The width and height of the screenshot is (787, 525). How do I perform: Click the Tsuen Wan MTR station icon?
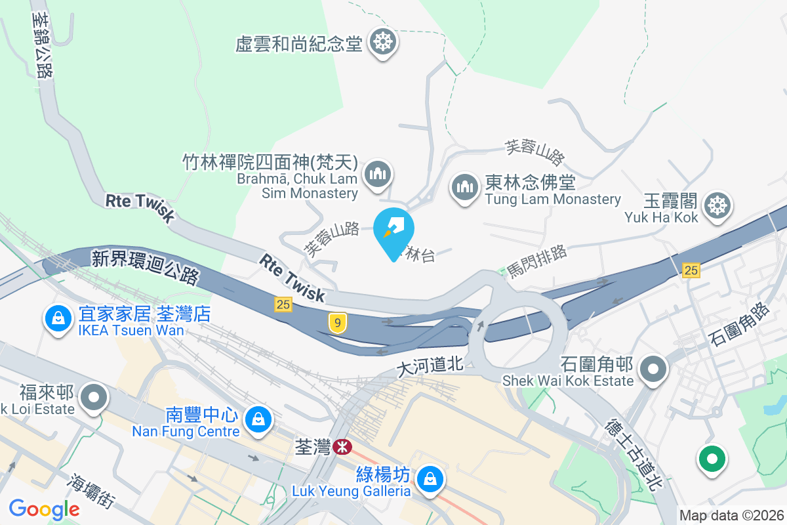pyautogui.click(x=341, y=447)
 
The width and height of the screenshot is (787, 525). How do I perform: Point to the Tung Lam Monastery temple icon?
pyautogui.click(x=466, y=188)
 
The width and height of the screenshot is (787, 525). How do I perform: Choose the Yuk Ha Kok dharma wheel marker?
pyautogui.click(x=718, y=206)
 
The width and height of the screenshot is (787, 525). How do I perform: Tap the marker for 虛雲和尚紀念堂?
pyautogui.click(x=382, y=43)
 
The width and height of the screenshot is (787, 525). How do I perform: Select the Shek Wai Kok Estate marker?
pyautogui.click(x=653, y=369)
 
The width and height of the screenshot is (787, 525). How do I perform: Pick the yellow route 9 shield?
pyautogui.click(x=337, y=322)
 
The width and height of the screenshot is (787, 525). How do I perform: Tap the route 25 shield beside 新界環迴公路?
pyautogui.click(x=283, y=303)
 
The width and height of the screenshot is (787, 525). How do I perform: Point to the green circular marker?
pyautogui.click(x=712, y=459)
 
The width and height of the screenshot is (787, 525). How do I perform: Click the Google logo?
pyautogui.click(x=45, y=509)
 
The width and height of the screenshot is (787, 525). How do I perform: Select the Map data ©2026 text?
pyautogui.click(x=731, y=516)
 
